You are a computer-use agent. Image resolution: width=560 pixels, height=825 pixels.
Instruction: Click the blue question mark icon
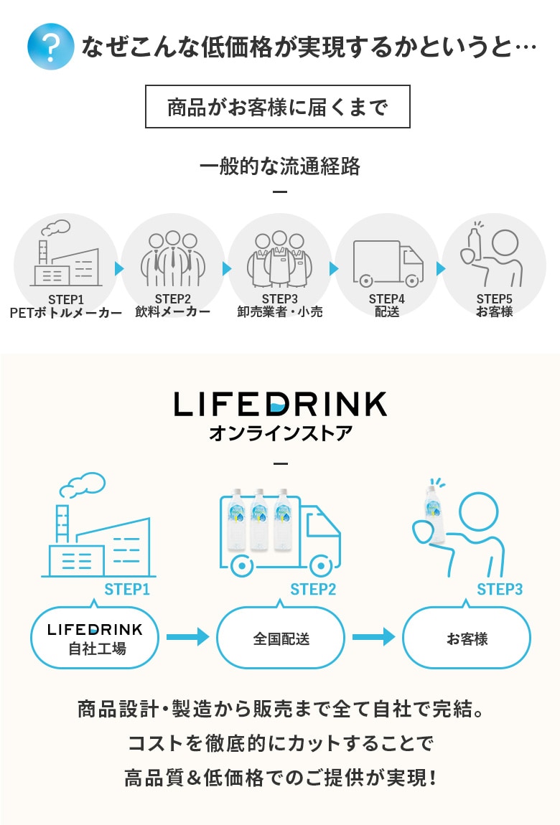click(x=50, y=47)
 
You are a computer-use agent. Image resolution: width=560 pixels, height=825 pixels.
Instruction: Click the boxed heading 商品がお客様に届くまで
click(x=278, y=106)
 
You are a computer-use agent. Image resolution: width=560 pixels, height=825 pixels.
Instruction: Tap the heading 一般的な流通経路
click(x=279, y=167)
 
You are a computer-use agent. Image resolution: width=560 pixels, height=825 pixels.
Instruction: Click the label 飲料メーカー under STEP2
click(x=172, y=312)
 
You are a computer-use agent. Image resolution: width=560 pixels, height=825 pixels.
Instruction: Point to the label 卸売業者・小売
click(x=280, y=312)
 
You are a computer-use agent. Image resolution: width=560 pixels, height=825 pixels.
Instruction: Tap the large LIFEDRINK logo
click(x=280, y=404)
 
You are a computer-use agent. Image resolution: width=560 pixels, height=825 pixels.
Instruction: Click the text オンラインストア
click(x=280, y=434)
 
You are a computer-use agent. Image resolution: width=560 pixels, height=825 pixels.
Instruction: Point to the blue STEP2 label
click(x=313, y=590)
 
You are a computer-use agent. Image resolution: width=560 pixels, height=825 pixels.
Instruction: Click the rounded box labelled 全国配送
click(x=281, y=638)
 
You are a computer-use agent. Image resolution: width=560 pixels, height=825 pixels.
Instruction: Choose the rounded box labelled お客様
click(x=467, y=638)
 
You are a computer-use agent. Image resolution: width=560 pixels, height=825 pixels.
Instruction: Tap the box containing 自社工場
click(x=95, y=638)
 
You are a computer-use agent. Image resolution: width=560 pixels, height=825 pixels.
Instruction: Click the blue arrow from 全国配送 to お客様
click(x=373, y=636)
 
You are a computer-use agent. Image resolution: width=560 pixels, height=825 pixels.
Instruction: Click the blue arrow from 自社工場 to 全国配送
click(x=187, y=636)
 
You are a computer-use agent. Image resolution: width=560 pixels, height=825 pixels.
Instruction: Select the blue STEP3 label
click(x=500, y=590)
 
